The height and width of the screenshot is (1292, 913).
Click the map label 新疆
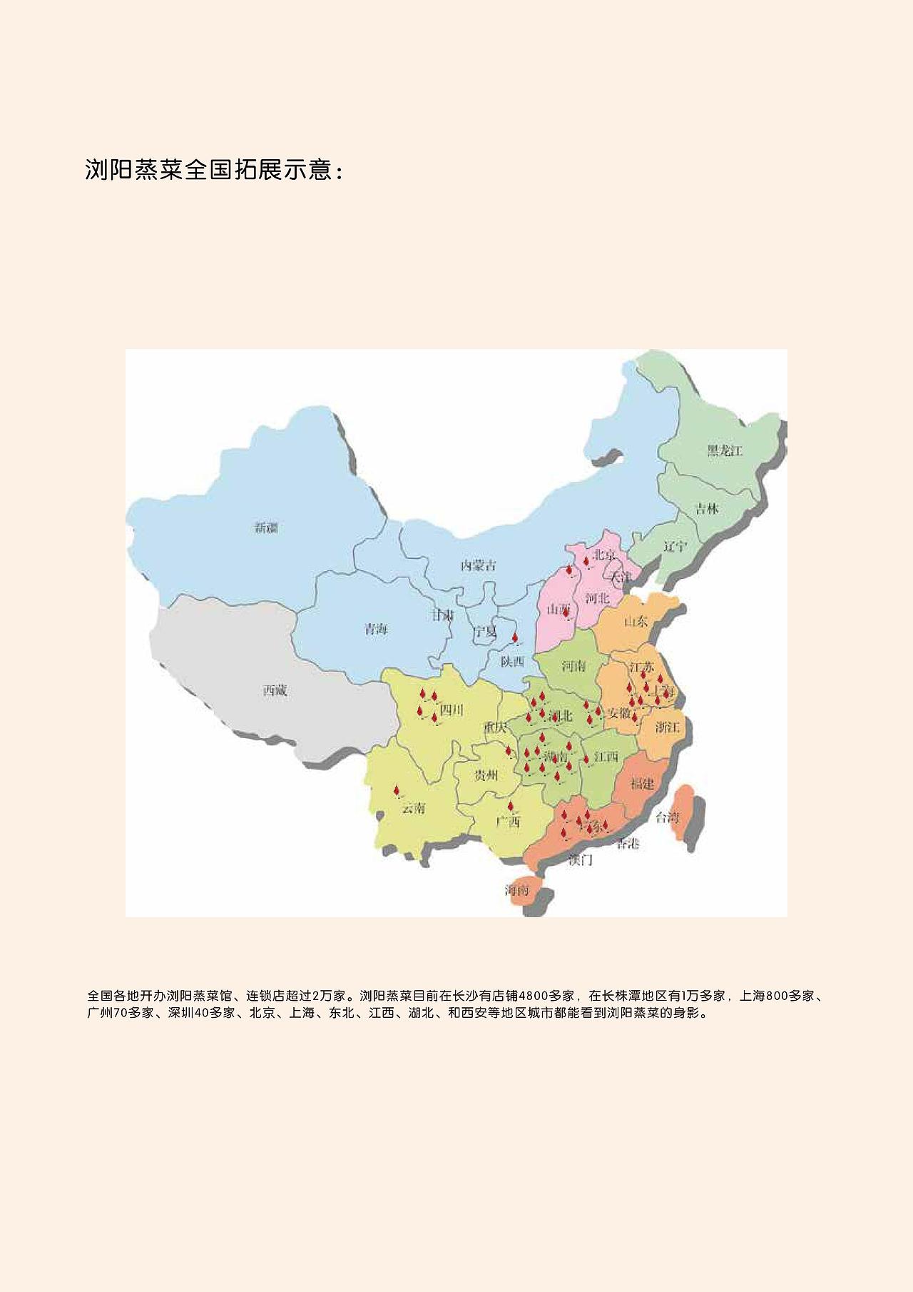tap(266, 528)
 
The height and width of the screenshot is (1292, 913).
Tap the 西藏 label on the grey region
tap(275, 690)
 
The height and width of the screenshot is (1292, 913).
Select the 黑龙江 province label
tap(725, 450)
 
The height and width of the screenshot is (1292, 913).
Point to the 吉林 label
tap(707, 509)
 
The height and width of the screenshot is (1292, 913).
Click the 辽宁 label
tap(674, 546)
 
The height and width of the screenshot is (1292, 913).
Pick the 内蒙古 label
tap(478, 566)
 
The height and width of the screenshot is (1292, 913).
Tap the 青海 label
tap(376, 630)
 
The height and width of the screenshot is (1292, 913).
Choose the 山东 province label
tap(636, 621)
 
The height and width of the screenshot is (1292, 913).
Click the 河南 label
tap(573, 666)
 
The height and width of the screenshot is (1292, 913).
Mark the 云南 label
tap(414, 808)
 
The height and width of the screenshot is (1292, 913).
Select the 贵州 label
tap(486, 775)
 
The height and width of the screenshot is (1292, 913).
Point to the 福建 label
tap(642, 784)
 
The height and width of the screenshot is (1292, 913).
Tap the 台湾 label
tap(668, 817)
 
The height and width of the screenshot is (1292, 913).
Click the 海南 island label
tap(518, 890)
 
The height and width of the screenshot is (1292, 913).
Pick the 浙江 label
tap(668, 727)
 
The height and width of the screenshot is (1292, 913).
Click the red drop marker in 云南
tap(397, 791)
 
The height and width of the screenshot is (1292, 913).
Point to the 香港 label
tap(628, 844)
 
